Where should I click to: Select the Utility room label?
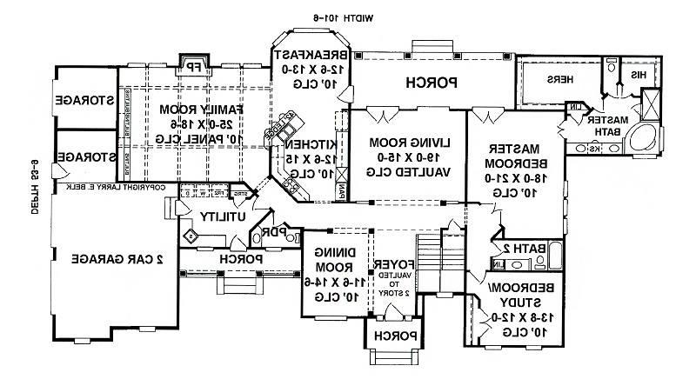point(221,216)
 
